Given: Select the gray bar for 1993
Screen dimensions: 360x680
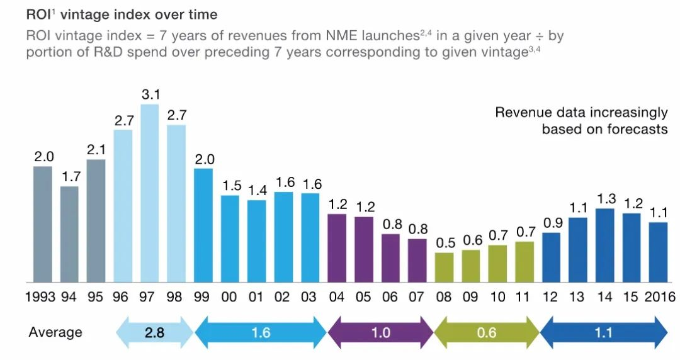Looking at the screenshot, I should point(42,224).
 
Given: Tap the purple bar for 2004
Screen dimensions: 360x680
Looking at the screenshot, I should point(337,248).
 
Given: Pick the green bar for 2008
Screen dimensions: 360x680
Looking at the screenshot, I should point(444,267).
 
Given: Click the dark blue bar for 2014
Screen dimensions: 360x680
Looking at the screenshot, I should point(604,245).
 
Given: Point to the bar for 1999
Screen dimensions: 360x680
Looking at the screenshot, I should point(203,225).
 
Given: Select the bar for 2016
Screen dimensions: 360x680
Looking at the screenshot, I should point(658,252).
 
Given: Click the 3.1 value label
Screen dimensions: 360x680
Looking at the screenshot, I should point(150,94).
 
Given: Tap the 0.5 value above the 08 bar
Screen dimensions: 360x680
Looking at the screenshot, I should point(444,243).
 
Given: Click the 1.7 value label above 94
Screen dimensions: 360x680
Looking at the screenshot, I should point(69,177).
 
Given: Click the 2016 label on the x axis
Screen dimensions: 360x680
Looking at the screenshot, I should point(658,297).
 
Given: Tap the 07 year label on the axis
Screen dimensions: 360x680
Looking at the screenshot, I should point(417,297).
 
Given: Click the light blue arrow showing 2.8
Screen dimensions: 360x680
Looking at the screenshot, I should point(154,332).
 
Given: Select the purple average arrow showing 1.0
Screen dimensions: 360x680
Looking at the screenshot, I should point(381,332).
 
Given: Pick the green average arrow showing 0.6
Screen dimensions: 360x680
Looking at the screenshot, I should point(487,332).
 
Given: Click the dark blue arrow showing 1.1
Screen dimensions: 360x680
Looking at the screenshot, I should point(603,332).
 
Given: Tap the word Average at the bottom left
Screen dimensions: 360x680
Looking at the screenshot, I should point(55,332).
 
